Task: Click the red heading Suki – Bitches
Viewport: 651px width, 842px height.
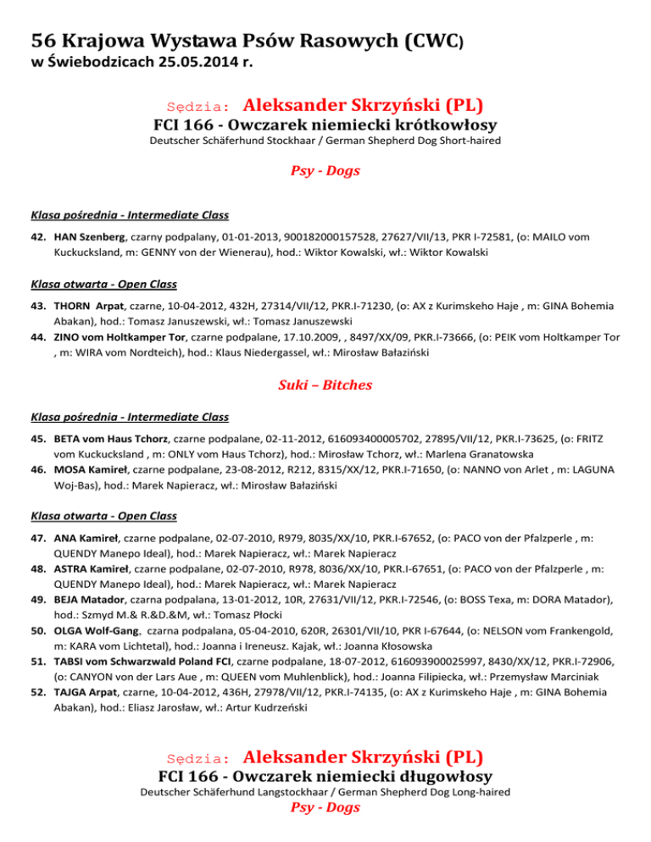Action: pos(325,385)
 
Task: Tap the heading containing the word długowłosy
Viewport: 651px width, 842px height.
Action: pos(325,775)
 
